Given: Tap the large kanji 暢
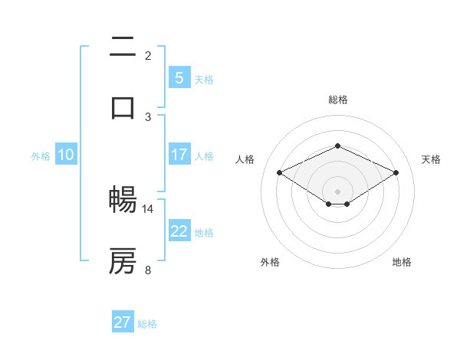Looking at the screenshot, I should [123, 200].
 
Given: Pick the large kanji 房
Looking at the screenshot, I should [123, 261].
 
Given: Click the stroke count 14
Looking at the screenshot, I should [148, 208].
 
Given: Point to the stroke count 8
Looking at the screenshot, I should [148, 269].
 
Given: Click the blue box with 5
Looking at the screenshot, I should [179, 77].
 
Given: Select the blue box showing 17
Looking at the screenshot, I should [179, 155].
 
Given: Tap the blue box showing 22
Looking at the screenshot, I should [179, 231].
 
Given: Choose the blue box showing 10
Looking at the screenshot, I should [65, 155].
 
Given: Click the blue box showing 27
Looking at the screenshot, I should [123, 322].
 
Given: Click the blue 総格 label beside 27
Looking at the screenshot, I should [147, 324].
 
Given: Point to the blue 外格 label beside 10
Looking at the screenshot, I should [41, 155].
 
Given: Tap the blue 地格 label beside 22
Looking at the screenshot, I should [204, 232].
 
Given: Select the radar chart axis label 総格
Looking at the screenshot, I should [337, 100].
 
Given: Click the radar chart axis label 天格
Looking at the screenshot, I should [432, 159].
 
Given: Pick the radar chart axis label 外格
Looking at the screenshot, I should [270, 262].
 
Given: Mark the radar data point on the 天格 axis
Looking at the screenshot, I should [396, 172].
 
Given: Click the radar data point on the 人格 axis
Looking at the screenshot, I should [279, 172].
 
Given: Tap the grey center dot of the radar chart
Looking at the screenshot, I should [337, 191].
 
